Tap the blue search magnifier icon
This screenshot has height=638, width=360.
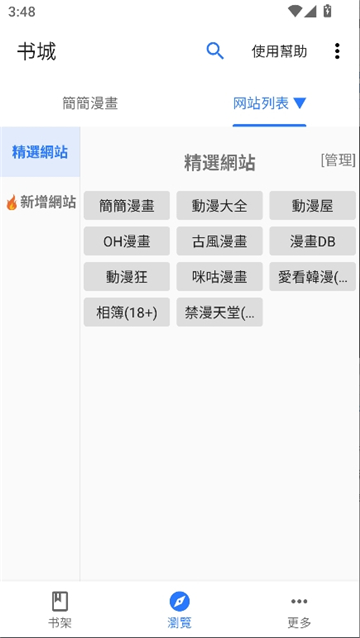point(215,51)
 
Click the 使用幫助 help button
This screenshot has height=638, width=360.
point(279,52)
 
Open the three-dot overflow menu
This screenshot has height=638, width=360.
point(337,52)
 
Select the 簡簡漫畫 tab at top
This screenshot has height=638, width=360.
point(90,103)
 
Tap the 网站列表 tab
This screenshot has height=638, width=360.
point(269,103)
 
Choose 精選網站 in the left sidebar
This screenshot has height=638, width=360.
point(40,152)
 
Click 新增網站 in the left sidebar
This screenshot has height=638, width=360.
point(40,202)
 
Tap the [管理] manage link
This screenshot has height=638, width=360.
point(338,160)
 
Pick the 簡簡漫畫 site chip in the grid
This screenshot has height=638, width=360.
point(127,206)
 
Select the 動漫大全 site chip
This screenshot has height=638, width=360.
point(219,206)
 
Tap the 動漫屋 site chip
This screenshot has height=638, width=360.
point(312,206)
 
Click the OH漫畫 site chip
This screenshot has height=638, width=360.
point(127,241)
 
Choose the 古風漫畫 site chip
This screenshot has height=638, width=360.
point(219,241)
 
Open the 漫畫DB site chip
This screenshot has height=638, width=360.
point(312,241)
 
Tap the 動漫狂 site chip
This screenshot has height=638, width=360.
point(127,277)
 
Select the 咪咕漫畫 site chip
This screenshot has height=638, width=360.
point(219,277)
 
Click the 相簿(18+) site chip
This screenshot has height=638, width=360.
point(127,313)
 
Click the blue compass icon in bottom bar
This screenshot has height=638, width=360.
point(180,601)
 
